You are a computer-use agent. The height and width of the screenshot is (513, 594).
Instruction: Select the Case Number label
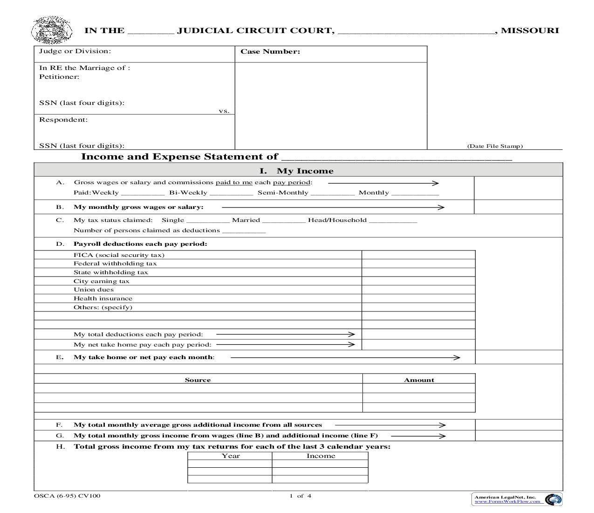pos(270,52)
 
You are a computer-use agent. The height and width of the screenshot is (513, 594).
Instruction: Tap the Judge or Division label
pos(75,51)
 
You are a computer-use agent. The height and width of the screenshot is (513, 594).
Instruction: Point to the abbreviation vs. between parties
pos(224,111)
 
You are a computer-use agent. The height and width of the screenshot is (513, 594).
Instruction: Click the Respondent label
pos(63,120)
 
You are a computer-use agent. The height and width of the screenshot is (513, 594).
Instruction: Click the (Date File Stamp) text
pos(495,146)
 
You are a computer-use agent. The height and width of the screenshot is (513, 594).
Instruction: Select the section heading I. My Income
pos(296,171)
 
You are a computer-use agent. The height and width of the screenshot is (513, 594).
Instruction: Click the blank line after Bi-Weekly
pos(231,193)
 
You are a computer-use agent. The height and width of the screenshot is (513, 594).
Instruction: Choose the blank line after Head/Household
pos(393,221)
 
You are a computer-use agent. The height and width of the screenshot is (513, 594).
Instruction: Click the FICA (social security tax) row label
pos(119,255)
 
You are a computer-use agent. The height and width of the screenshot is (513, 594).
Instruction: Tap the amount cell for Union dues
pos(418,290)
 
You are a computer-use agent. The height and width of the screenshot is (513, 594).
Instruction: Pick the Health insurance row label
pos(103,298)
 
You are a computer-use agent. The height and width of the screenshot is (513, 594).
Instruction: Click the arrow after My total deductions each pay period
pos(285,334)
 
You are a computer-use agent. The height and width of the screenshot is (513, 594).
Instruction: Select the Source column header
pos(198,380)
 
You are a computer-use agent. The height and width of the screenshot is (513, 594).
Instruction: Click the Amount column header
pos(419,380)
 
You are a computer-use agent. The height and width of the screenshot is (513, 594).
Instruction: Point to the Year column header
pos(231,456)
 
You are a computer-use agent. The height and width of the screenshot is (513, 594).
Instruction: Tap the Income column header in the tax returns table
pos(321,456)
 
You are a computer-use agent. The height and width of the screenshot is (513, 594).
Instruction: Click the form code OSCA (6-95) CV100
pos(67,496)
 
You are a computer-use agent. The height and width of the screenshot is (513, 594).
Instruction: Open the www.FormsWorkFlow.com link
pos(507,502)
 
